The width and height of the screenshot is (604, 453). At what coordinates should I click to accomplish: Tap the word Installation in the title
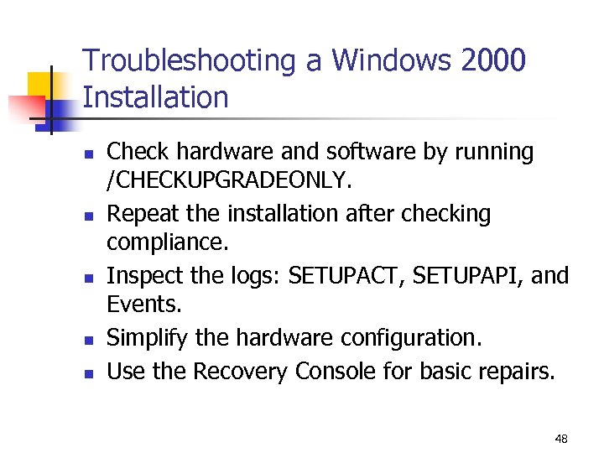[x=156, y=98]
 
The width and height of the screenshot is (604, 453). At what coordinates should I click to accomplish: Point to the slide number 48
[x=561, y=439]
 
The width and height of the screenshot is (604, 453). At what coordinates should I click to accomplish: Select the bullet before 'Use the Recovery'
[x=88, y=372]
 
